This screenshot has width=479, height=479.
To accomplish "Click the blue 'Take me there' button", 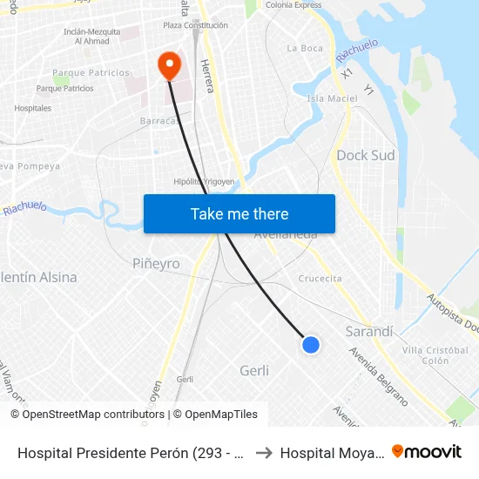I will (239, 214).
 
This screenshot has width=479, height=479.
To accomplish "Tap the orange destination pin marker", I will (168, 64).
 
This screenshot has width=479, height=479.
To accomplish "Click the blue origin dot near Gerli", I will (310, 345).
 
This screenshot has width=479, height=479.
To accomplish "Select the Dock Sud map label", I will (365, 156).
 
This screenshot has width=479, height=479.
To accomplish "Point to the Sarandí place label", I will (369, 332).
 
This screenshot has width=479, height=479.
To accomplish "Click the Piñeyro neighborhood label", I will (156, 263).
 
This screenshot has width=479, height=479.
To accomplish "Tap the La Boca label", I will (304, 48).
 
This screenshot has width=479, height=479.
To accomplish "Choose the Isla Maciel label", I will (332, 98).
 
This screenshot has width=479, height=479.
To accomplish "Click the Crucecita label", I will (320, 279).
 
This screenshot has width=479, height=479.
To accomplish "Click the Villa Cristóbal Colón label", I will (426, 355).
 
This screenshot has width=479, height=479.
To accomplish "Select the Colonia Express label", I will (293, 4).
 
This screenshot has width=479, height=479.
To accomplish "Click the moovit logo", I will (426, 451).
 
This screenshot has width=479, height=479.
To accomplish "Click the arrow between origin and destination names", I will (263, 453).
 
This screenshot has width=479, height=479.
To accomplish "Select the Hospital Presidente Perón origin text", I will (131, 453).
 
